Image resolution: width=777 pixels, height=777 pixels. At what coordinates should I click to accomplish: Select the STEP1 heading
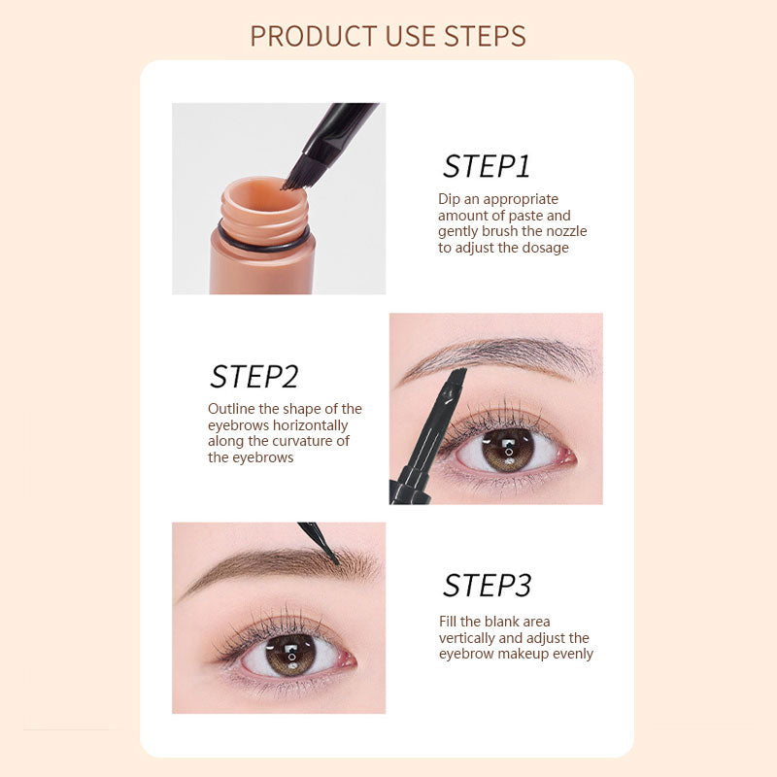[x=487, y=166]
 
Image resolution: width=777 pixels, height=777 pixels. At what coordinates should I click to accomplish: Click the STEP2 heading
[x=253, y=377]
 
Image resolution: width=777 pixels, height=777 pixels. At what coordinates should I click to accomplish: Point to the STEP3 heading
[x=487, y=586]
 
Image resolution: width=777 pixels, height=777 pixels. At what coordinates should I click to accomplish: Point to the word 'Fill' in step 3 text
[x=450, y=622]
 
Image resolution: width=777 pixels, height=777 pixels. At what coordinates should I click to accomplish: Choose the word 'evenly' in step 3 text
[x=573, y=654]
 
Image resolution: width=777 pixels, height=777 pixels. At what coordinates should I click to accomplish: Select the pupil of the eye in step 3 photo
[x=288, y=656]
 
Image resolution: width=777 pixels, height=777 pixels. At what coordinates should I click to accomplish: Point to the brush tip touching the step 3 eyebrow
[x=333, y=559]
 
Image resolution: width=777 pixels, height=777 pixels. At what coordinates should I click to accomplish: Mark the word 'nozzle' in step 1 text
[x=565, y=231]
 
